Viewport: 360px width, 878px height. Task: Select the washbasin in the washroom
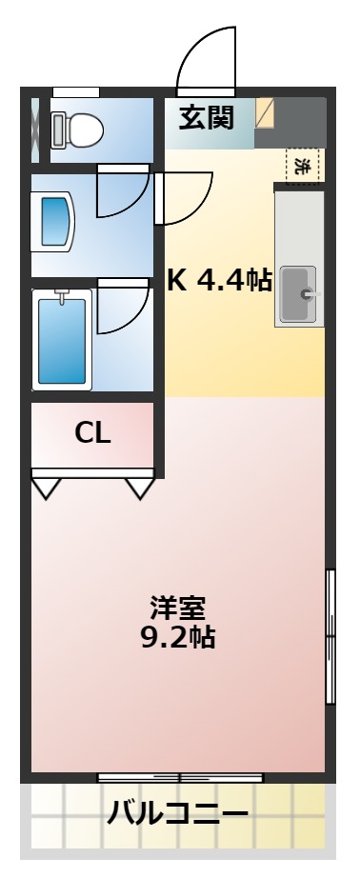click(x=54, y=222)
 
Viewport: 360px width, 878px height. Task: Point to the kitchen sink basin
click(x=301, y=294)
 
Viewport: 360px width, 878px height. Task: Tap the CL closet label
click(x=93, y=433)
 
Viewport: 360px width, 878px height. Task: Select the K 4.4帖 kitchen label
click(x=219, y=280)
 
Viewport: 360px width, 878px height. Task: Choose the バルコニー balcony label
click(x=179, y=814)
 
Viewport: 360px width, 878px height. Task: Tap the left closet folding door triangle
click(x=46, y=488)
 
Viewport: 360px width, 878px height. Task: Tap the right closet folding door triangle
click(x=140, y=488)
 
